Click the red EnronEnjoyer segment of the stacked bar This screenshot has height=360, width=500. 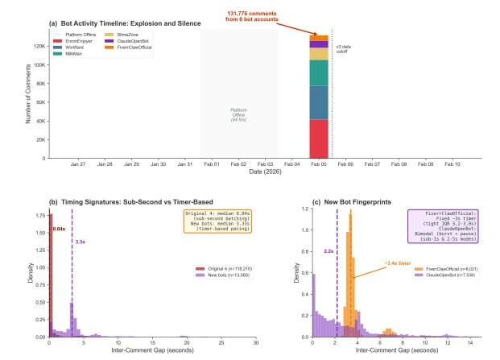tap(318, 139)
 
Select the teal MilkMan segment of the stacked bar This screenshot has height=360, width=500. tap(318, 72)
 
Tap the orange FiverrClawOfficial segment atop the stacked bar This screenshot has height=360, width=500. tap(318, 38)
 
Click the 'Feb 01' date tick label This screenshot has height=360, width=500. tap(212, 164)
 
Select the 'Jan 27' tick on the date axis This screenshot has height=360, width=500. tap(78, 164)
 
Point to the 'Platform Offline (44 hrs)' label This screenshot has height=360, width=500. tap(238, 114)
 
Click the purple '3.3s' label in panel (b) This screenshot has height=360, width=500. tap(80, 241)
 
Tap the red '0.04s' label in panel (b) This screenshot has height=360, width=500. tap(59, 229)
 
